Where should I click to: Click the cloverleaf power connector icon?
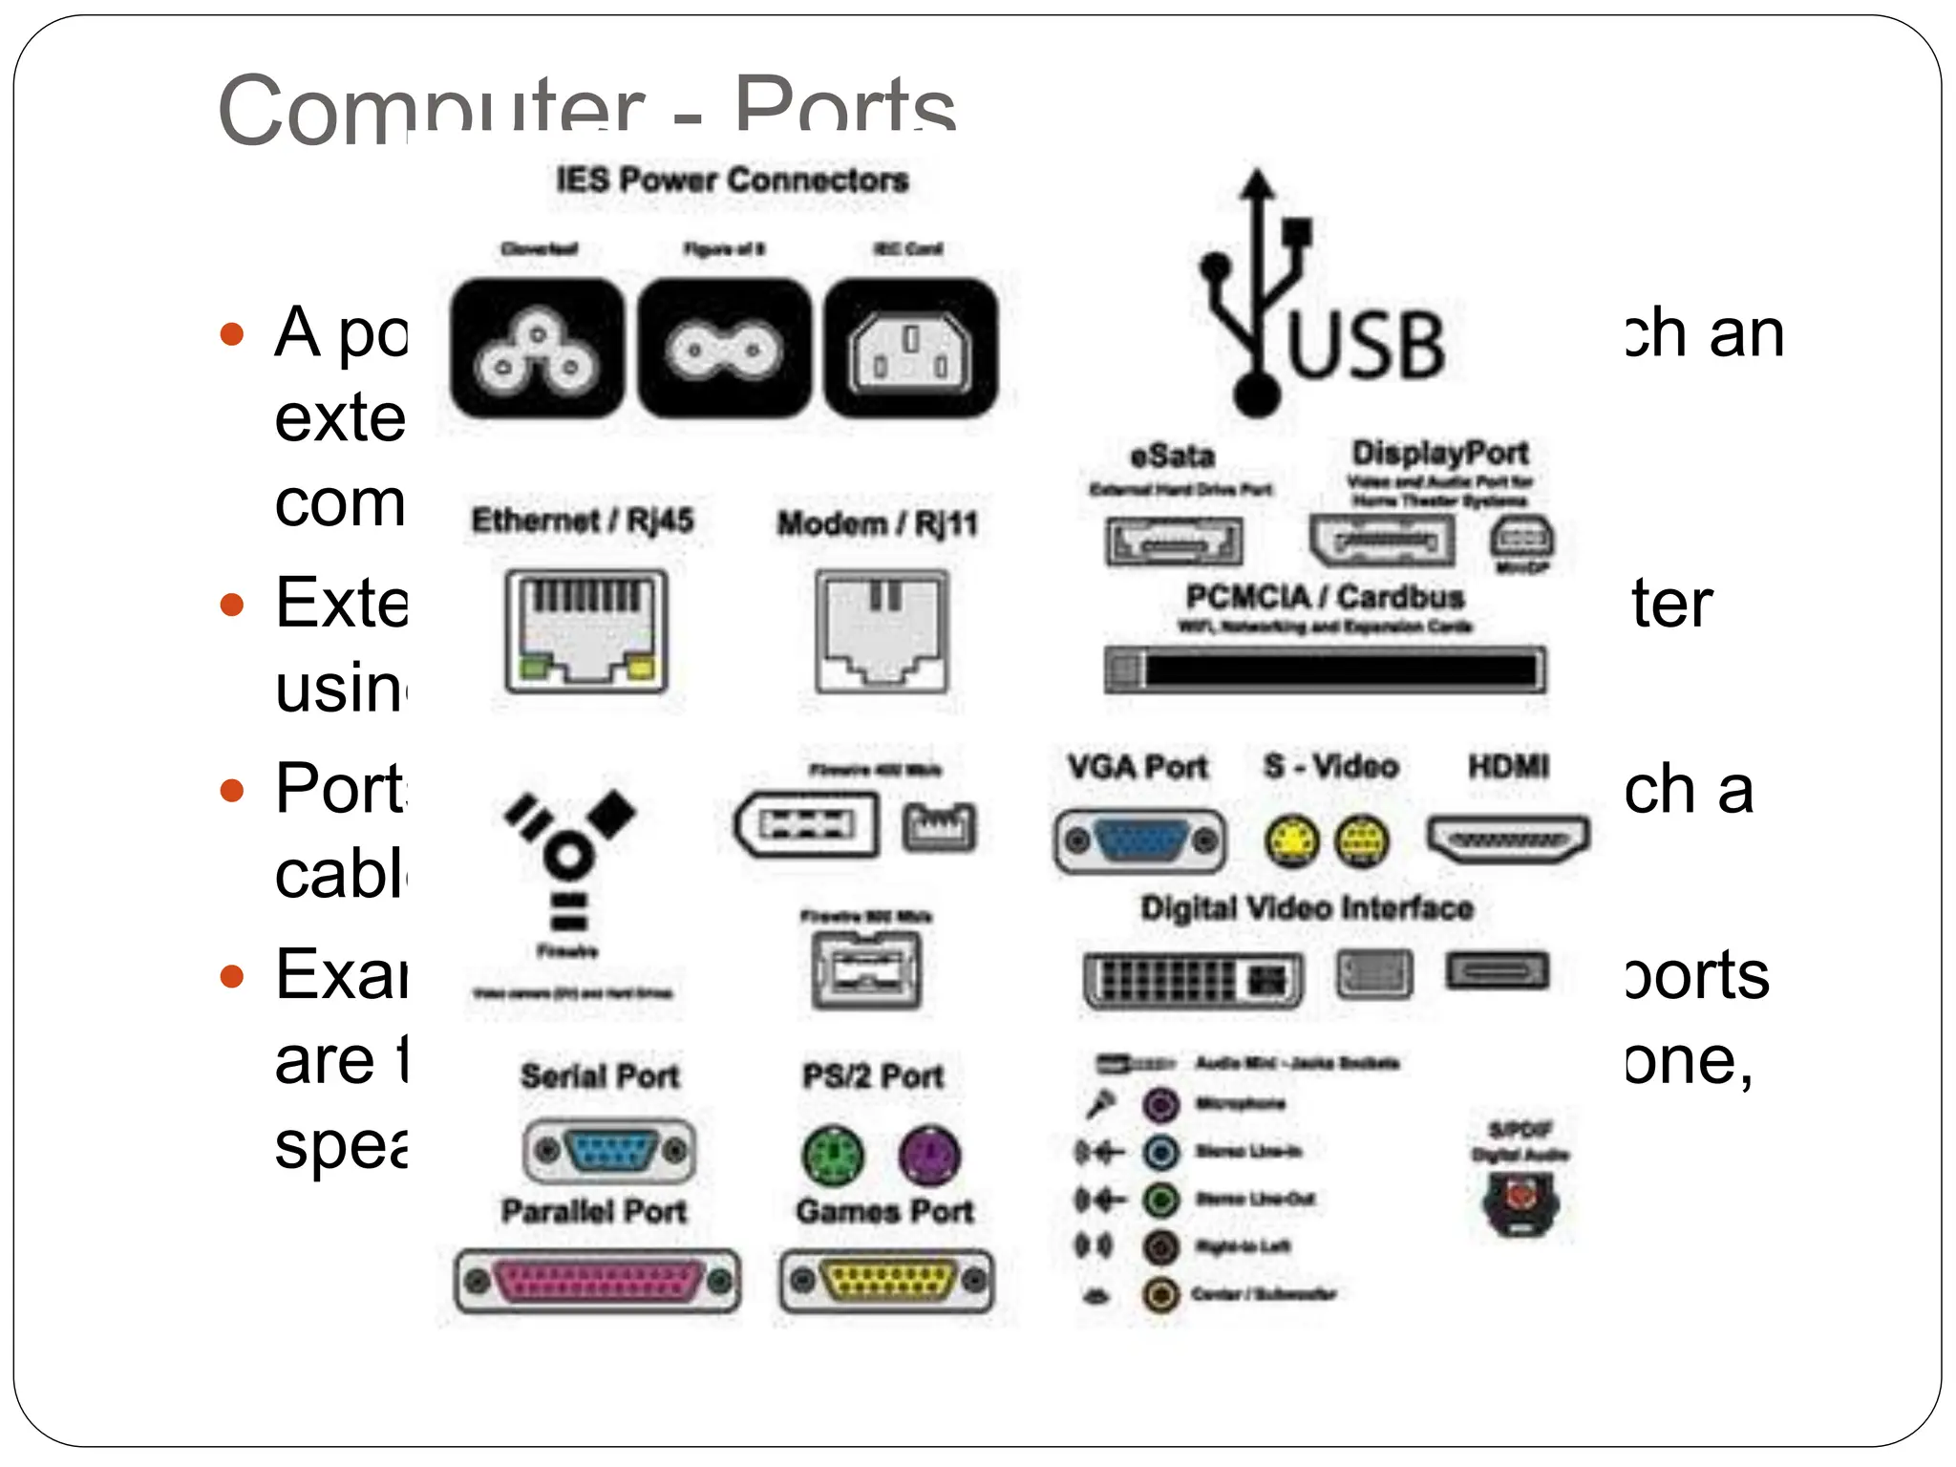(x=537, y=350)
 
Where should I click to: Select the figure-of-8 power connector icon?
(x=724, y=350)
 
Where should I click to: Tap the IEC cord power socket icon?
(x=910, y=350)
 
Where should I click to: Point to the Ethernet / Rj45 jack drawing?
(x=586, y=630)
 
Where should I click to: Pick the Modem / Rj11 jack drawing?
(x=882, y=630)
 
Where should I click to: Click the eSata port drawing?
(x=1174, y=542)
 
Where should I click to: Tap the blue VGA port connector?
(x=1140, y=841)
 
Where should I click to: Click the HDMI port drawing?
(x=1508, y=840)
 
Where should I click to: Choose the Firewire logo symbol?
(x=570, y=861)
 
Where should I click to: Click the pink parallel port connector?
(x=598, y=1281)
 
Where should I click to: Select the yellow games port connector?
(x=887, y=1281)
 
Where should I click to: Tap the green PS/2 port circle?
(x=833, y=1154)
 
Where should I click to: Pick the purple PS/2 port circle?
(x=929, y=1154)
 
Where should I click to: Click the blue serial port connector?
(x=610, y=1149)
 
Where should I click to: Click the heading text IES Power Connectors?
(x=733, y=180)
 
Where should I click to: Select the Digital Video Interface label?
(x=1307, y=907)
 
